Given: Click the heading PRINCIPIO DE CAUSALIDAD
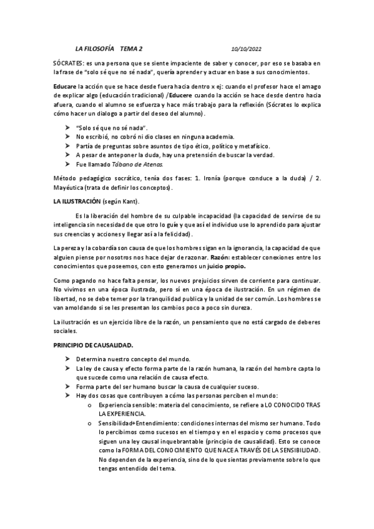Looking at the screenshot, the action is [x=93, y=345].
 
